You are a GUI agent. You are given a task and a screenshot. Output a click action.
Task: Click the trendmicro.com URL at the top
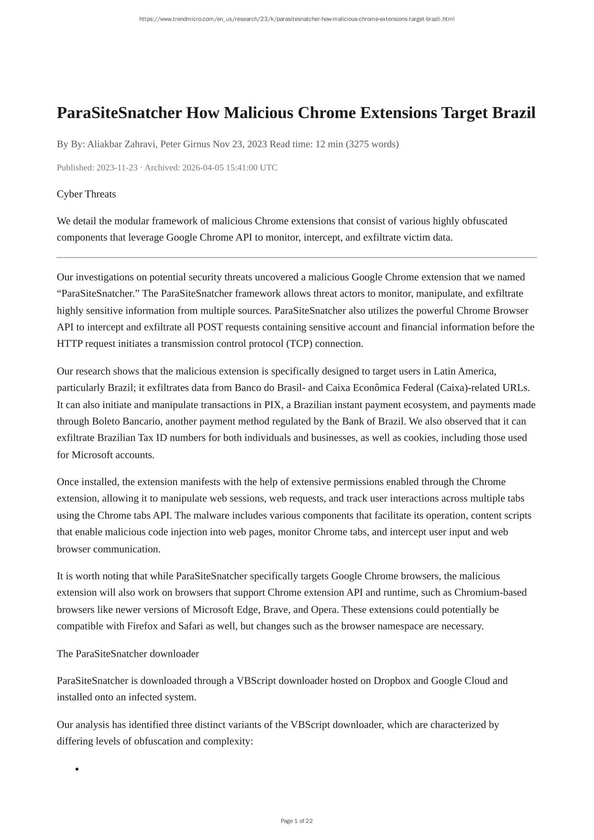(x=297, y=19)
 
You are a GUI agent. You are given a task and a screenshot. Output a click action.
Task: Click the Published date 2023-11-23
(x=117, y=167)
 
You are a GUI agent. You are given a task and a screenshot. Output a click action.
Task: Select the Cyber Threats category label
(x=86, y=194)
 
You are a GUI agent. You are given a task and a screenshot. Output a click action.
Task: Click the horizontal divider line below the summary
(x=297, y=257)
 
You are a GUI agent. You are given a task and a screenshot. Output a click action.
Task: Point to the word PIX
(x=273, y=405)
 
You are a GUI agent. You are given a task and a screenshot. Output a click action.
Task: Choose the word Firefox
(x=142, y=626)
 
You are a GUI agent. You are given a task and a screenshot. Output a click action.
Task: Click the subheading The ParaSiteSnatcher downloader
(x=128, y=653)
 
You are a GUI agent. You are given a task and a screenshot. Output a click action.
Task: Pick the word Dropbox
(x=392, y=681)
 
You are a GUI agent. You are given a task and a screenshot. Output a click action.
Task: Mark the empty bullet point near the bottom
(x=77, y=769)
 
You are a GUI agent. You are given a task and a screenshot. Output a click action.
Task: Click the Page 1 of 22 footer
(x=297, y=821)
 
